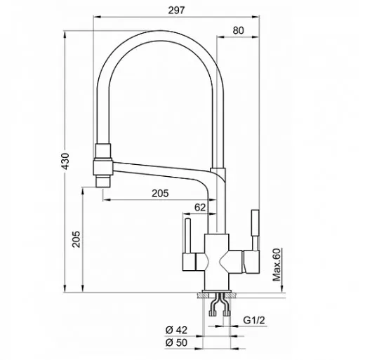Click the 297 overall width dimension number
coord(176,11)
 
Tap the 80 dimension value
coord(238,31)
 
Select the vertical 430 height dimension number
coord(65,161)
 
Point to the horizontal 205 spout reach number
coord(160,194)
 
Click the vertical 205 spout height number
coord(76,239)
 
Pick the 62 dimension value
coord(200,208)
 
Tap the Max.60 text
coord(277,265)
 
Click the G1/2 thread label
coord(254,320)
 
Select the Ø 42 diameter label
coord(176,330)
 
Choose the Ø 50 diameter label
coord(176,342)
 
